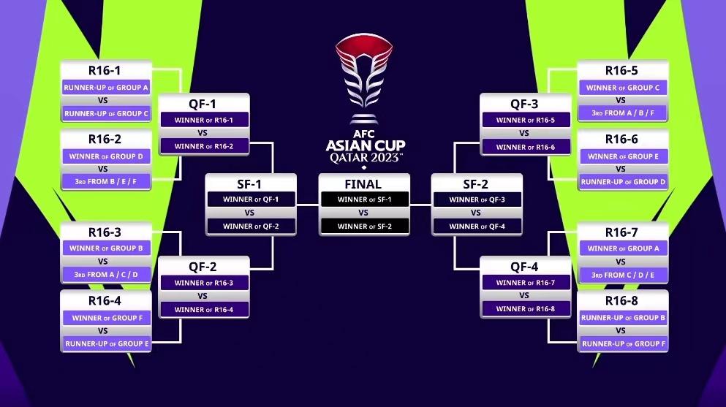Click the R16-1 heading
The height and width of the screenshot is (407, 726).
click(106, 71)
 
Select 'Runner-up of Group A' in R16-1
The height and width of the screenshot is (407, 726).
click(106, 88)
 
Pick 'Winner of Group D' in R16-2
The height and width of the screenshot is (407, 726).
click(106, 156)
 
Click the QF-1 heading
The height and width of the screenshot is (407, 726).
click(203, 104)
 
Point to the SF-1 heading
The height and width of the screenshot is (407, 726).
click(251, 183)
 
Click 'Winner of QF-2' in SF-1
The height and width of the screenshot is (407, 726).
click(251, 227)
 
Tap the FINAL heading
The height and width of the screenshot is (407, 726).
click(363, 183)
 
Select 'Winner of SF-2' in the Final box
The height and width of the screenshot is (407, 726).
click(363, 227)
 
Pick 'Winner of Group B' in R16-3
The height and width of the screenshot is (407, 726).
click(106, 248)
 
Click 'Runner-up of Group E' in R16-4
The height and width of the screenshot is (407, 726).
click(106, 343)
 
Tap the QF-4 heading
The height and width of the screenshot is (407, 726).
click(523, 267)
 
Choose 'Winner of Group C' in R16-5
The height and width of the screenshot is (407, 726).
click(622, 88)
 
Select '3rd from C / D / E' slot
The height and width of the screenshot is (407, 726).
click(622, 275)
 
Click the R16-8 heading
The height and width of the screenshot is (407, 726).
click(622, 301)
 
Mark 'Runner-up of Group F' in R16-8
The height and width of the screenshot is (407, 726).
click(622, 343)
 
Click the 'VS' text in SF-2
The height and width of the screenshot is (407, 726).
click(476, 213)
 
